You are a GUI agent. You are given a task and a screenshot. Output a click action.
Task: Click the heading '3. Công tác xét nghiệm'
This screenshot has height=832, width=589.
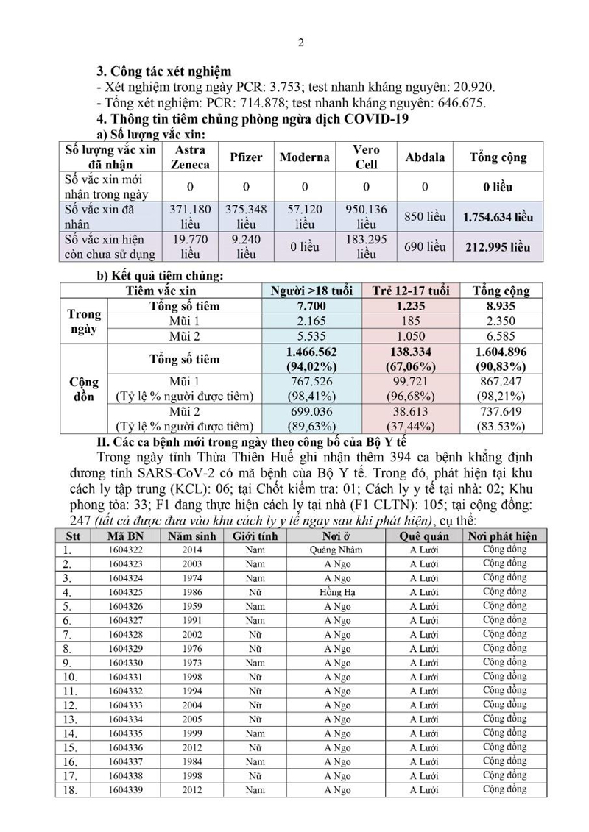tap(164, 72)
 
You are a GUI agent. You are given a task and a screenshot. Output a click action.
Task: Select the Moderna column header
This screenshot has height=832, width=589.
tap(304, 157)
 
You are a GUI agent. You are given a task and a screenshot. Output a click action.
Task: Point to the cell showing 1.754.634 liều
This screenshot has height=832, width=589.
tap(498, 218)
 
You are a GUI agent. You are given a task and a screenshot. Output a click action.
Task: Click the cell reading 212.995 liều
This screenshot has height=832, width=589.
tap(498, 247)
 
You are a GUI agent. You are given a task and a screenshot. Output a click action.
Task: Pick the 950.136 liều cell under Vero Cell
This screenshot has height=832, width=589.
tap(366, 216)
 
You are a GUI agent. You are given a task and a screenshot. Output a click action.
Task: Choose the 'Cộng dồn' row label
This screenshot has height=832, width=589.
tap(84, 389)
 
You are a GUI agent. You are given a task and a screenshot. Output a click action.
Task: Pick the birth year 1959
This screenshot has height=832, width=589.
tap(191, 606)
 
